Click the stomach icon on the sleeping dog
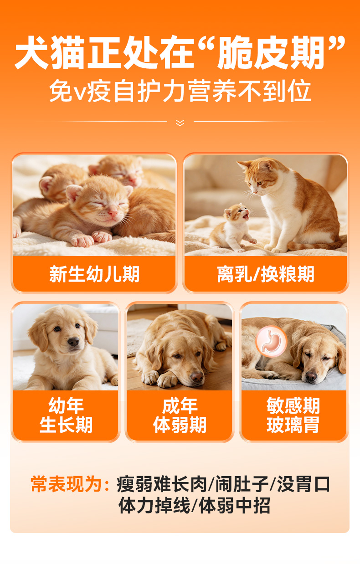point(271,341)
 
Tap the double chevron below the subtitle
point(180,123)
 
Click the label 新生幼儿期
point(94,274)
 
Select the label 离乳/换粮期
point(266,274)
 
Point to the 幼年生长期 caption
point(66,415)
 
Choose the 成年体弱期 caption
point(180,415)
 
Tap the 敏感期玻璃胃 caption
point(293,415)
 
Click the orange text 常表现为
point(67,484)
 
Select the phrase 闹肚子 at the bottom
point(242,484)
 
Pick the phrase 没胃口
point(303,484)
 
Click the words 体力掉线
point(154,505)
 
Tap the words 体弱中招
point(235,505)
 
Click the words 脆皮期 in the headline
point(271,52)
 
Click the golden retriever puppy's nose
point(73,341)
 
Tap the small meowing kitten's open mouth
point(246,216)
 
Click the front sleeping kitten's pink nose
point(113,214)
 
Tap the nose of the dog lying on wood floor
point(197,377)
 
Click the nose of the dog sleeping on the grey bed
point(311,376)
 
